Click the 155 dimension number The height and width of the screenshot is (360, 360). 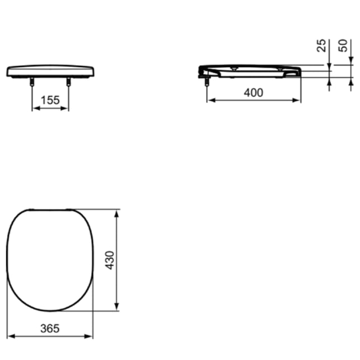(x=50, y=100)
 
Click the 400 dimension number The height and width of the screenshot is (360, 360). (x=254, y=93)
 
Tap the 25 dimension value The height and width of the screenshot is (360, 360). (x=321, y=45)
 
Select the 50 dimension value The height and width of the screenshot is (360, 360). (x=343, y=45)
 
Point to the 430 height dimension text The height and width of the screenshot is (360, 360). (x=110, y=260)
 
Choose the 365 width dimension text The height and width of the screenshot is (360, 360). (x=50, y=328)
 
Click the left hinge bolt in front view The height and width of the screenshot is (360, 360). (x=32, y=82)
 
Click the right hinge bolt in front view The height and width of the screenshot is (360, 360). (x=68, y=82)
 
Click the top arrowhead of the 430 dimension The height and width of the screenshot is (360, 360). (x=116, y=214)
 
